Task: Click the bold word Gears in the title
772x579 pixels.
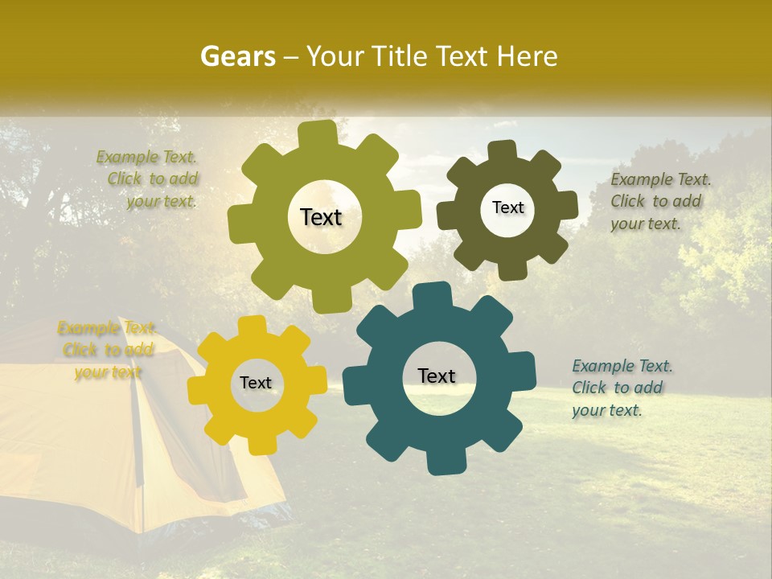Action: coord(237,56)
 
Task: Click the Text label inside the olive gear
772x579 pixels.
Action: coord(321,217)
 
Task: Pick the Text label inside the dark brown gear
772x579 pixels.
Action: coord(507,207)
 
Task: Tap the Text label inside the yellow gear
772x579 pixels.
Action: coord(256,383)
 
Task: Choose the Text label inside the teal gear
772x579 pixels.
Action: coord(437,376)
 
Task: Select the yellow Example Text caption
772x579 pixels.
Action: coord(107,350)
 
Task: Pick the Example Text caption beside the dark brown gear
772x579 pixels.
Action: coord(659,201)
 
